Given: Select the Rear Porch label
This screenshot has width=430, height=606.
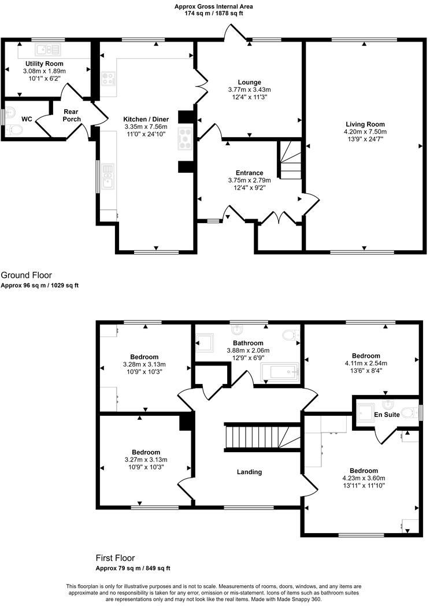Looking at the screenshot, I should tap(72, 116).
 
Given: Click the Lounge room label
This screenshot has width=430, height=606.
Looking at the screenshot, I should tap(249, 82).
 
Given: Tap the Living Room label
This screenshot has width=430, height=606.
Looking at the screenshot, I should tap(365, 124).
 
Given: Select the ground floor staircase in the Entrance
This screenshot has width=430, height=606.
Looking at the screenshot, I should tap(290, 162).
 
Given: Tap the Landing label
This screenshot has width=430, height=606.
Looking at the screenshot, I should tap(250, 472).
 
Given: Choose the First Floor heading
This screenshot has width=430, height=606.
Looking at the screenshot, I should tap(115, 558).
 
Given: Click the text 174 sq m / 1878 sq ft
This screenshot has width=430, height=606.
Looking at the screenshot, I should tap(214, 13).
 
